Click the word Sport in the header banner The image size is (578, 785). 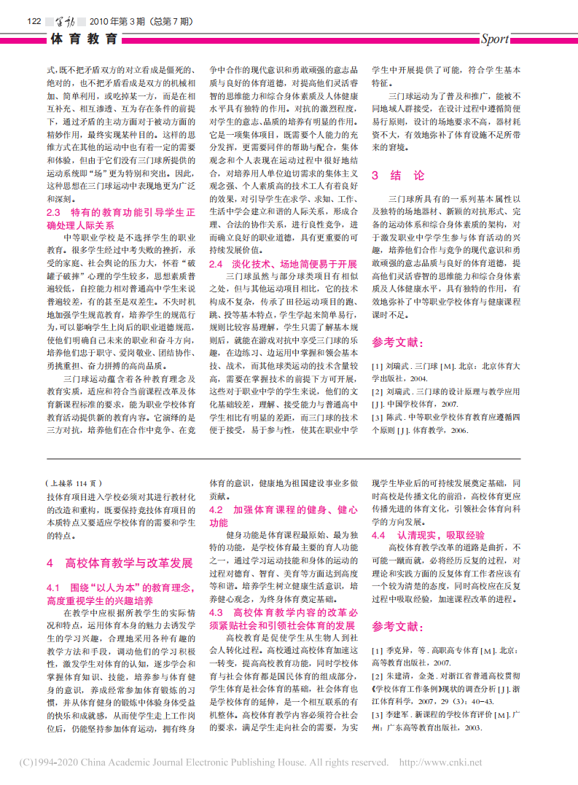[x=495, y=39]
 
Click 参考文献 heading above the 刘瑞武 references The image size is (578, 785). [x=397, y=342]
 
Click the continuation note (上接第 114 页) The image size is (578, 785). [x=74, y=483]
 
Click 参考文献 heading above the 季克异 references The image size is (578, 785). [x=397, y=626]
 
